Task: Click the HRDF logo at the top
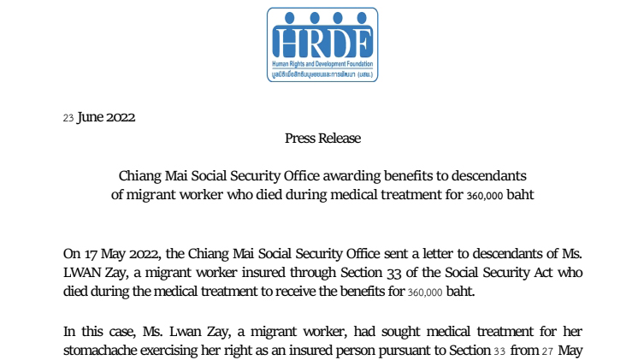(322, 44)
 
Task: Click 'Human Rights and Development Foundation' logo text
(322, 64)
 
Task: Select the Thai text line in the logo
(322, 74)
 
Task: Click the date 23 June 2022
(99, 118)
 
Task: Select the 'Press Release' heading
(322, 138)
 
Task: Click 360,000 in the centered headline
(486, 195)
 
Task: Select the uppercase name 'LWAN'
(85, 272)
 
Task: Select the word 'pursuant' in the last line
(412, 350)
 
